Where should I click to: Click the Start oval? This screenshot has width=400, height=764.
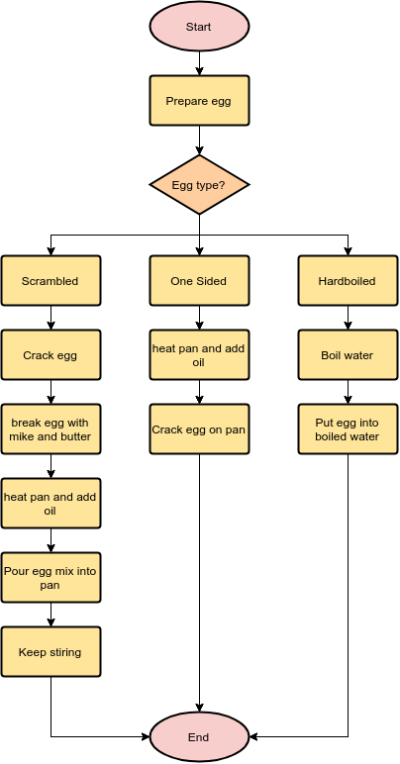(199, 26)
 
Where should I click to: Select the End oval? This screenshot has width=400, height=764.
(199, 737)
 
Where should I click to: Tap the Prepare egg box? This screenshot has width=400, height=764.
(199, 100)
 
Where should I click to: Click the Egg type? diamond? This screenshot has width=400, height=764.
(199, 185)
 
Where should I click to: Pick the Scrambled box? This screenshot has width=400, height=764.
(50, 281)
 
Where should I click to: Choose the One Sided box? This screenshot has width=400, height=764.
(199, 281)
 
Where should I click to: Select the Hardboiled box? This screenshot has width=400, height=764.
(348, 281)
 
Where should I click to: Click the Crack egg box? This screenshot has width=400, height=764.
(50, 354)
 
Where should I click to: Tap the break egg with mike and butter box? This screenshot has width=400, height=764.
(50, 430)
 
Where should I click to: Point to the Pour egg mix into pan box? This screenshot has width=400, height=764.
(50, 577)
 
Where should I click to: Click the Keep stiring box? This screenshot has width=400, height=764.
(50, 652)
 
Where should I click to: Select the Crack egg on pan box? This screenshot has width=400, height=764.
(199, 430)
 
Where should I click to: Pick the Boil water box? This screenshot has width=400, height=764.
(348, 354)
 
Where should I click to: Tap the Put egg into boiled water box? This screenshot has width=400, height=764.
(348, 430)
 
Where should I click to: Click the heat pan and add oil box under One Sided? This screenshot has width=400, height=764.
(199, 354)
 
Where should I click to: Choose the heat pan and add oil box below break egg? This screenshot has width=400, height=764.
(50, 504)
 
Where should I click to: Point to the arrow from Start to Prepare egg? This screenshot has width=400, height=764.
(199, 63)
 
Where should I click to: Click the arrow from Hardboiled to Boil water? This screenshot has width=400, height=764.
(348, 318)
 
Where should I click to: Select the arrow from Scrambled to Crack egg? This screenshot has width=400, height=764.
(50, 318)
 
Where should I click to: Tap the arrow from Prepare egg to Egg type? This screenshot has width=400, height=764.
(199, 141)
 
